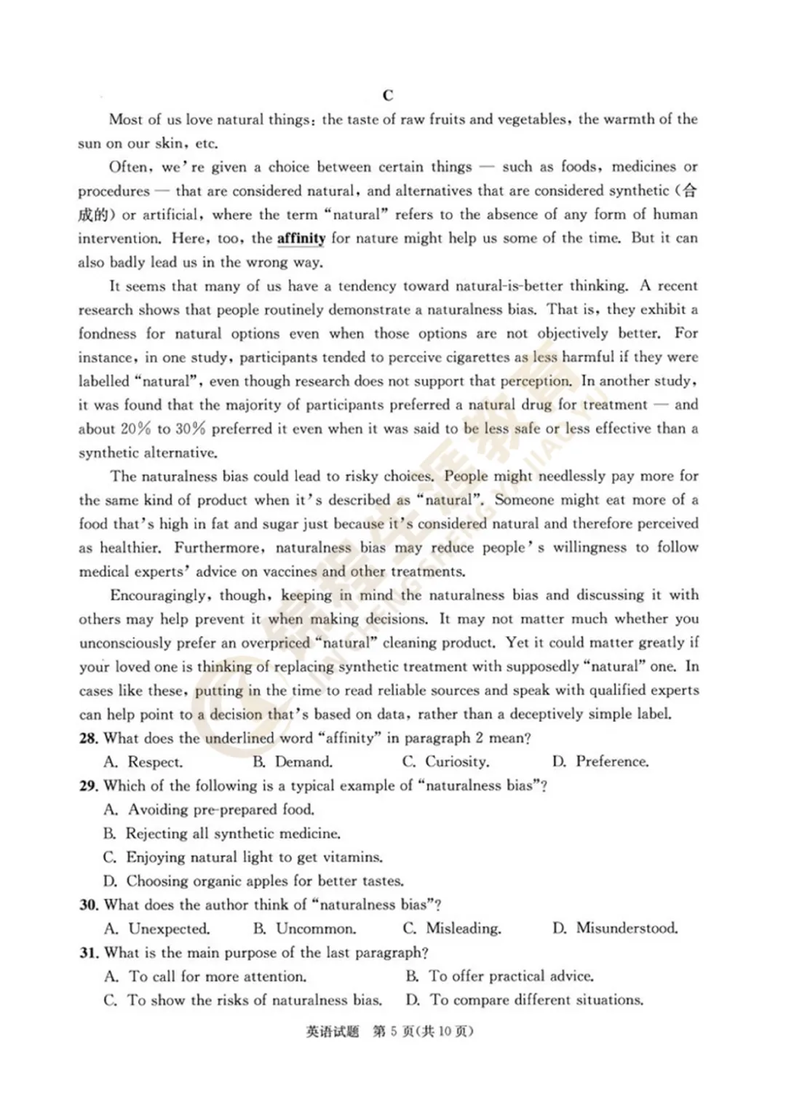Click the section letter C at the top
(x=387, y=95)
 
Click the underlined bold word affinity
(x=301, y=239)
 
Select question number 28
(x=88, y=739)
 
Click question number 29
(x=88, y=786)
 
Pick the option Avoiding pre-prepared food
(x=210, y=810)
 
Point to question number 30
(x=88, y=905)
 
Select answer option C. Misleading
(x=451, y=929)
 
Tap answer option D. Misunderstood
(x=615, y=929)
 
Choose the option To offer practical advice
(x=500, y=977)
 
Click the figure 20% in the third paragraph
(x=136, y=429)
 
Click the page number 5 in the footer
(x=392, y=1032)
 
